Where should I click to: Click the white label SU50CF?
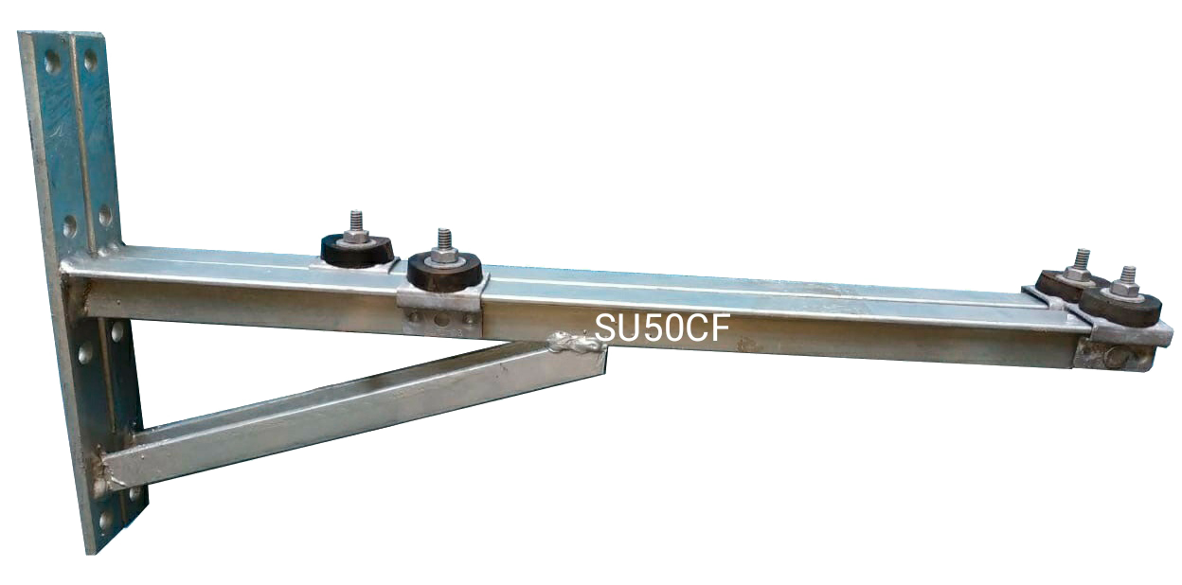(x=662, y=327)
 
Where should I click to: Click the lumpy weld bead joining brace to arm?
(x=574, y=343)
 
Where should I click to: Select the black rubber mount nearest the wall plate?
(x=356, y=250)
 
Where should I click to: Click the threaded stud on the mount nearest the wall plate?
(x=356, y=221)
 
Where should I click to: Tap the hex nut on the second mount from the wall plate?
(x=443, y=257)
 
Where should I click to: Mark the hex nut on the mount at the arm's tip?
(x=1125, y=290)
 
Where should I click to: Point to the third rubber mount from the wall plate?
(x=1068, y=284)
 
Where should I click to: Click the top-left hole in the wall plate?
(x=53, y=62)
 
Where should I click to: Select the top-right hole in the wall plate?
(x=90, y=61)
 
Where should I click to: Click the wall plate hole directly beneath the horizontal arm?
(x=116, y=331)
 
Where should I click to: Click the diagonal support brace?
(x=350, y=412)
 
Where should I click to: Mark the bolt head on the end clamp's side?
(x=1119, y=358)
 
